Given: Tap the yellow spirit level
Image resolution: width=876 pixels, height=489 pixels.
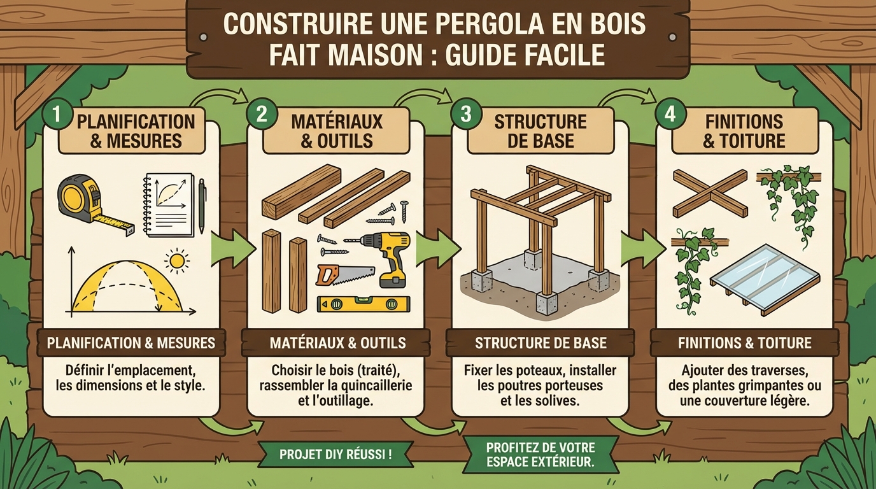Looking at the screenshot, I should [x=364, y=304].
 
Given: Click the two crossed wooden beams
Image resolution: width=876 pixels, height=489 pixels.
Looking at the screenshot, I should [x=709, y=193].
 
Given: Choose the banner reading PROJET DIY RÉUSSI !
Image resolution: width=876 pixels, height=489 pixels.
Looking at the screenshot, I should [x=336, y=455].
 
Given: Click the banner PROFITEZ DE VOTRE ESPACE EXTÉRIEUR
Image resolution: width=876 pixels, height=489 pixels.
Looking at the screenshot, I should [x=540, y=455].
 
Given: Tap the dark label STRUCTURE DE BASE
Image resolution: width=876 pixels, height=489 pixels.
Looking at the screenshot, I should [x=540, y=343].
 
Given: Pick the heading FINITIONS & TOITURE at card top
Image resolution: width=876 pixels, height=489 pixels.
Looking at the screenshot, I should [x=744, y=131].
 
